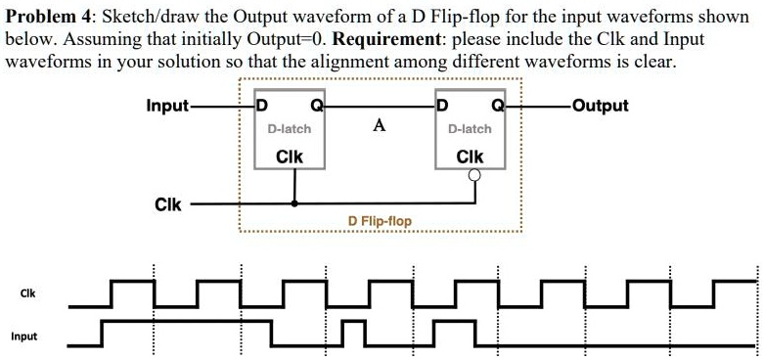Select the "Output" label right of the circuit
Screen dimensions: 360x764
599,106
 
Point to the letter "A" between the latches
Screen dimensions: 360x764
379,125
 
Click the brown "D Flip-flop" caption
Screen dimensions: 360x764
380,221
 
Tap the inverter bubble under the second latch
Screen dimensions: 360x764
475,176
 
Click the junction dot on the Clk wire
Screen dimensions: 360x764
295,204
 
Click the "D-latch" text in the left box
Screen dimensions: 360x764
290,128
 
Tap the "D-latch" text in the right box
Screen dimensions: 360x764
470,128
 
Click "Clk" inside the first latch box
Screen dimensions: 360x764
290,156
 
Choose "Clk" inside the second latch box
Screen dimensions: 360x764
470,156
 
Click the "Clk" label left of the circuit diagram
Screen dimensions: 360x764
166,204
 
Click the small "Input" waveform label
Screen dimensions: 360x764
23,337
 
